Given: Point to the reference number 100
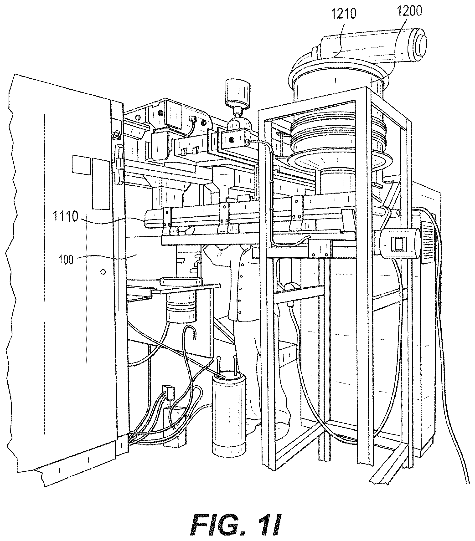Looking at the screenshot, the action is (x=66, y=259).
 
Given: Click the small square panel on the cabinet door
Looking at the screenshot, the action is (x=81, y=165).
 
